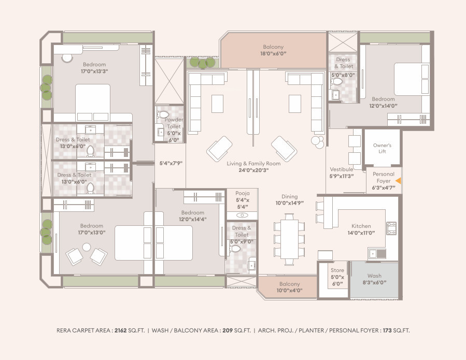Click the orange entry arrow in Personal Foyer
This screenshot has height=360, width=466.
[x=398, y=181]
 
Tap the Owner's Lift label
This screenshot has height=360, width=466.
[x=382, y=148]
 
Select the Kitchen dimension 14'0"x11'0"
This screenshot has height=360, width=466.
[x=361, y=233]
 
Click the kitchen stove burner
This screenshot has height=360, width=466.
[x=391, y=228]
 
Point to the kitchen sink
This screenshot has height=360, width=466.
[x=377, y=254]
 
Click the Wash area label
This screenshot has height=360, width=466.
[x=374, y=276]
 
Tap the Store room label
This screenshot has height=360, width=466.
[x=337, y=270]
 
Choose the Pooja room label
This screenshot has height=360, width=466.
[x=243, y=193]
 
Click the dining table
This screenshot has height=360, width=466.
[x=289, y=239]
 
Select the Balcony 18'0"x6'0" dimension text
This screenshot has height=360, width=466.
[x=273, y=54]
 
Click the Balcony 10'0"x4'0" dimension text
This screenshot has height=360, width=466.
[x=289, y=290]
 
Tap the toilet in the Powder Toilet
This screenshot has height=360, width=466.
[x=163, y=114]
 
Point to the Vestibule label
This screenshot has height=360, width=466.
[x=342, y=169]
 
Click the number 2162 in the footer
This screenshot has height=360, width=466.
[x=121, y=330]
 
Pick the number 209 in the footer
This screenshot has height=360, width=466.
[x=228, y=330]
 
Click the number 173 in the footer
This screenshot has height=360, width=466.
[x=387, y=330]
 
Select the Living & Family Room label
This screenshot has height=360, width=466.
[x=253, y=163]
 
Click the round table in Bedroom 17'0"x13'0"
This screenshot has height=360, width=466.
[x=87, y=247]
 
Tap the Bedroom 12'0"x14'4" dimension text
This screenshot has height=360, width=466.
[x=193, y=220]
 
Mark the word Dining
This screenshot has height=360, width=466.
[x=289, y=197]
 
